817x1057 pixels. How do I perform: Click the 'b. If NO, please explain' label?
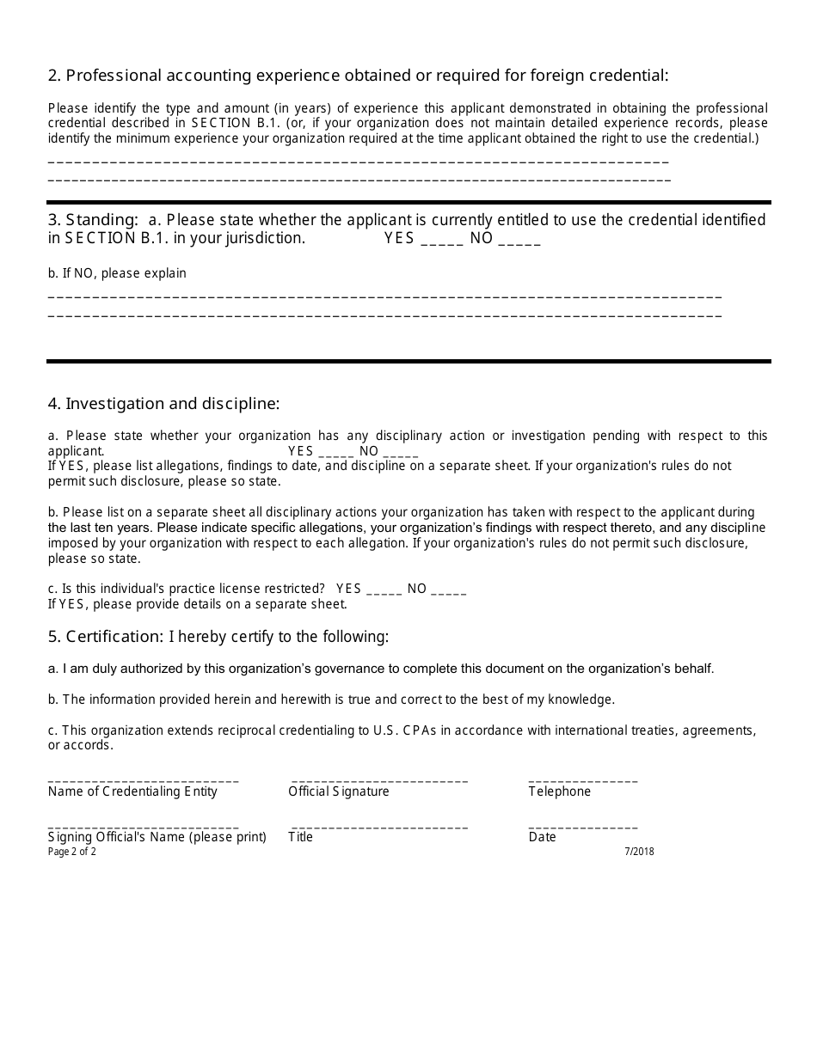pyautogui.click(x=117, y=273)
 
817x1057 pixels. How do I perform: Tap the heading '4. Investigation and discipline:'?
pyautogui.click(x=163, y=403)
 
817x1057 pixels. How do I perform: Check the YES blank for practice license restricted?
pyautogui.click(x=384, y=591)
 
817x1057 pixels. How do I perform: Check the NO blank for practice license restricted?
pyautogui.click(x=448, y=591)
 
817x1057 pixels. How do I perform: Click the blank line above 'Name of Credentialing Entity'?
pyautogui.click(x=144, y=779)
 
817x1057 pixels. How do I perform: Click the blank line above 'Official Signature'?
pyautogui.click(x=378, y=779)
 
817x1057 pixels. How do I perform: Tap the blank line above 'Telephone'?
pyautogui.click(x=583, y=779)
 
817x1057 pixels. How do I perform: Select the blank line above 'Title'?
pyautogui.click(x=378, y=826)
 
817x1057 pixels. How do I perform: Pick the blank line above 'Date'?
pyautogui.click(x=583, y=826)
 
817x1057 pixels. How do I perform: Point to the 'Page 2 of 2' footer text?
pyautogui.click(x=72, y=852)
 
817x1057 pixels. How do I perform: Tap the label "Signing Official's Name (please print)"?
pyautogui.click(x=157, y=837)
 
